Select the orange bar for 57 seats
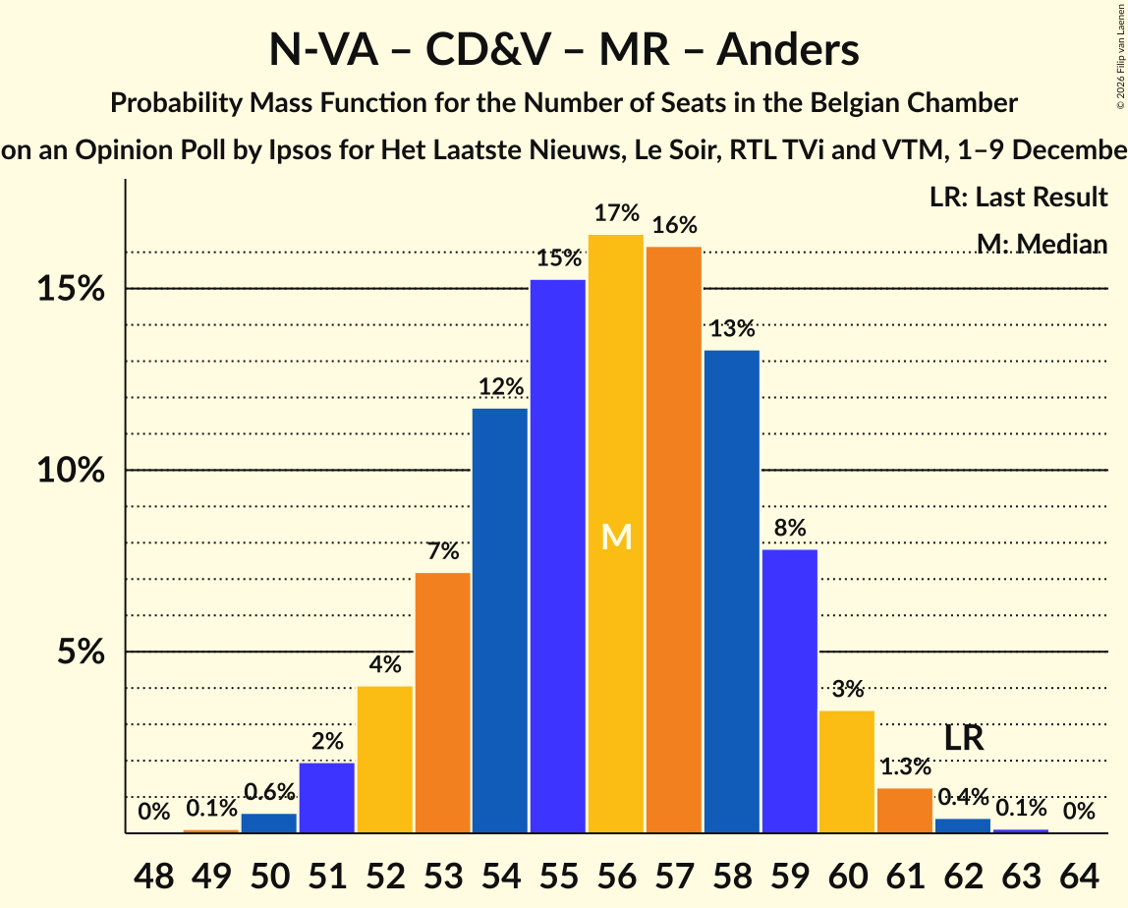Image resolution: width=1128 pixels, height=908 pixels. pyautogui.click(x=674, y=539)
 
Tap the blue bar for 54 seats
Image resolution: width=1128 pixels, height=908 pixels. pyautogui.click(x=500, y=620)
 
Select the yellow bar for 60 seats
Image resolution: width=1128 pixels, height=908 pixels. pyautogui.click(x=847, y=771)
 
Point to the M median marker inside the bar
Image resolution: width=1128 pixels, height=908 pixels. pyautogui.click(x=616, y=537)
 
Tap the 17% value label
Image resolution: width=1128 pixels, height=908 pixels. pyautogui.click(x=616, y=213)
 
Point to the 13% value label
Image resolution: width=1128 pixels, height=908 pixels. pyautogui.click(x=732, y=329)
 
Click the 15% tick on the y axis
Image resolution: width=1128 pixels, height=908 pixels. pyautogui.click(x=71, y=289)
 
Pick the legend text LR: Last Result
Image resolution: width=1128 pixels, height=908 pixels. pyautogui.click(x=1018, y=198)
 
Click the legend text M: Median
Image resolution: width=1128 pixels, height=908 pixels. pyautogui.click(x=1042, y=245)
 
